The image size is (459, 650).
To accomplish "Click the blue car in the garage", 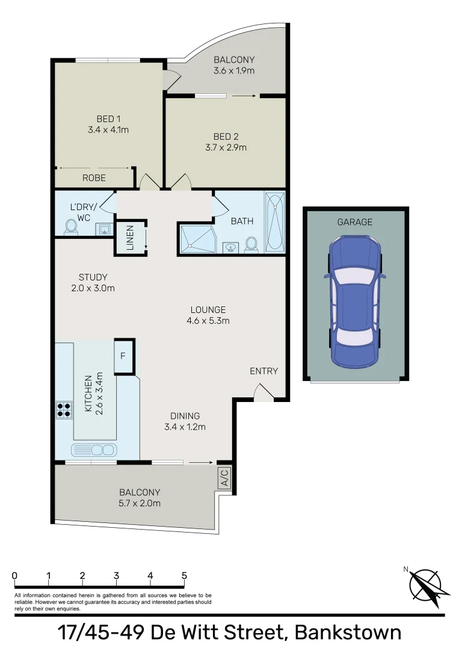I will pyautogui.click(x=355, y=301).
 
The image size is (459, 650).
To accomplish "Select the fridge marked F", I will pyautogui.click(x=123, y=356).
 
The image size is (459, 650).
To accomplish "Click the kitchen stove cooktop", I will pyautogui.click(x=64, y=410).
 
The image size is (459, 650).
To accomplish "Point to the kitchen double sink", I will pyautogui.click(x=94, y=450).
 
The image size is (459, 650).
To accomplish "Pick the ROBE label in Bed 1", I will pyautogui.click(x=94, y=178).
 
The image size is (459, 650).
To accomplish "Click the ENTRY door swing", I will pyautogui.click(x=263, y=394).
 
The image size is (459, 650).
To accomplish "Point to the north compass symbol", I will pyautogui.click(x=425, y=582).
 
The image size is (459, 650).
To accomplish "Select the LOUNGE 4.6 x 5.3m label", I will pyautogui.click(x=208, y=315).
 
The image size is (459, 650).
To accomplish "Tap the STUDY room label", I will pyautogui.click(x=93, y=277).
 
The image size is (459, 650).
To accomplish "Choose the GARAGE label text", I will pyautogui.click(x=354, y=222).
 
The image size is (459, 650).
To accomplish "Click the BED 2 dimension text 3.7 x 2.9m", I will pyautogui.click(x=226, y=147).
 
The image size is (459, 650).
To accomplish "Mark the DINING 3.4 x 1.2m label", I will pyautogui.click(x=185, y=421).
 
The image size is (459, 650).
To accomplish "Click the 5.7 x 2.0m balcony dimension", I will pyautogui.click(x=140, y=503).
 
